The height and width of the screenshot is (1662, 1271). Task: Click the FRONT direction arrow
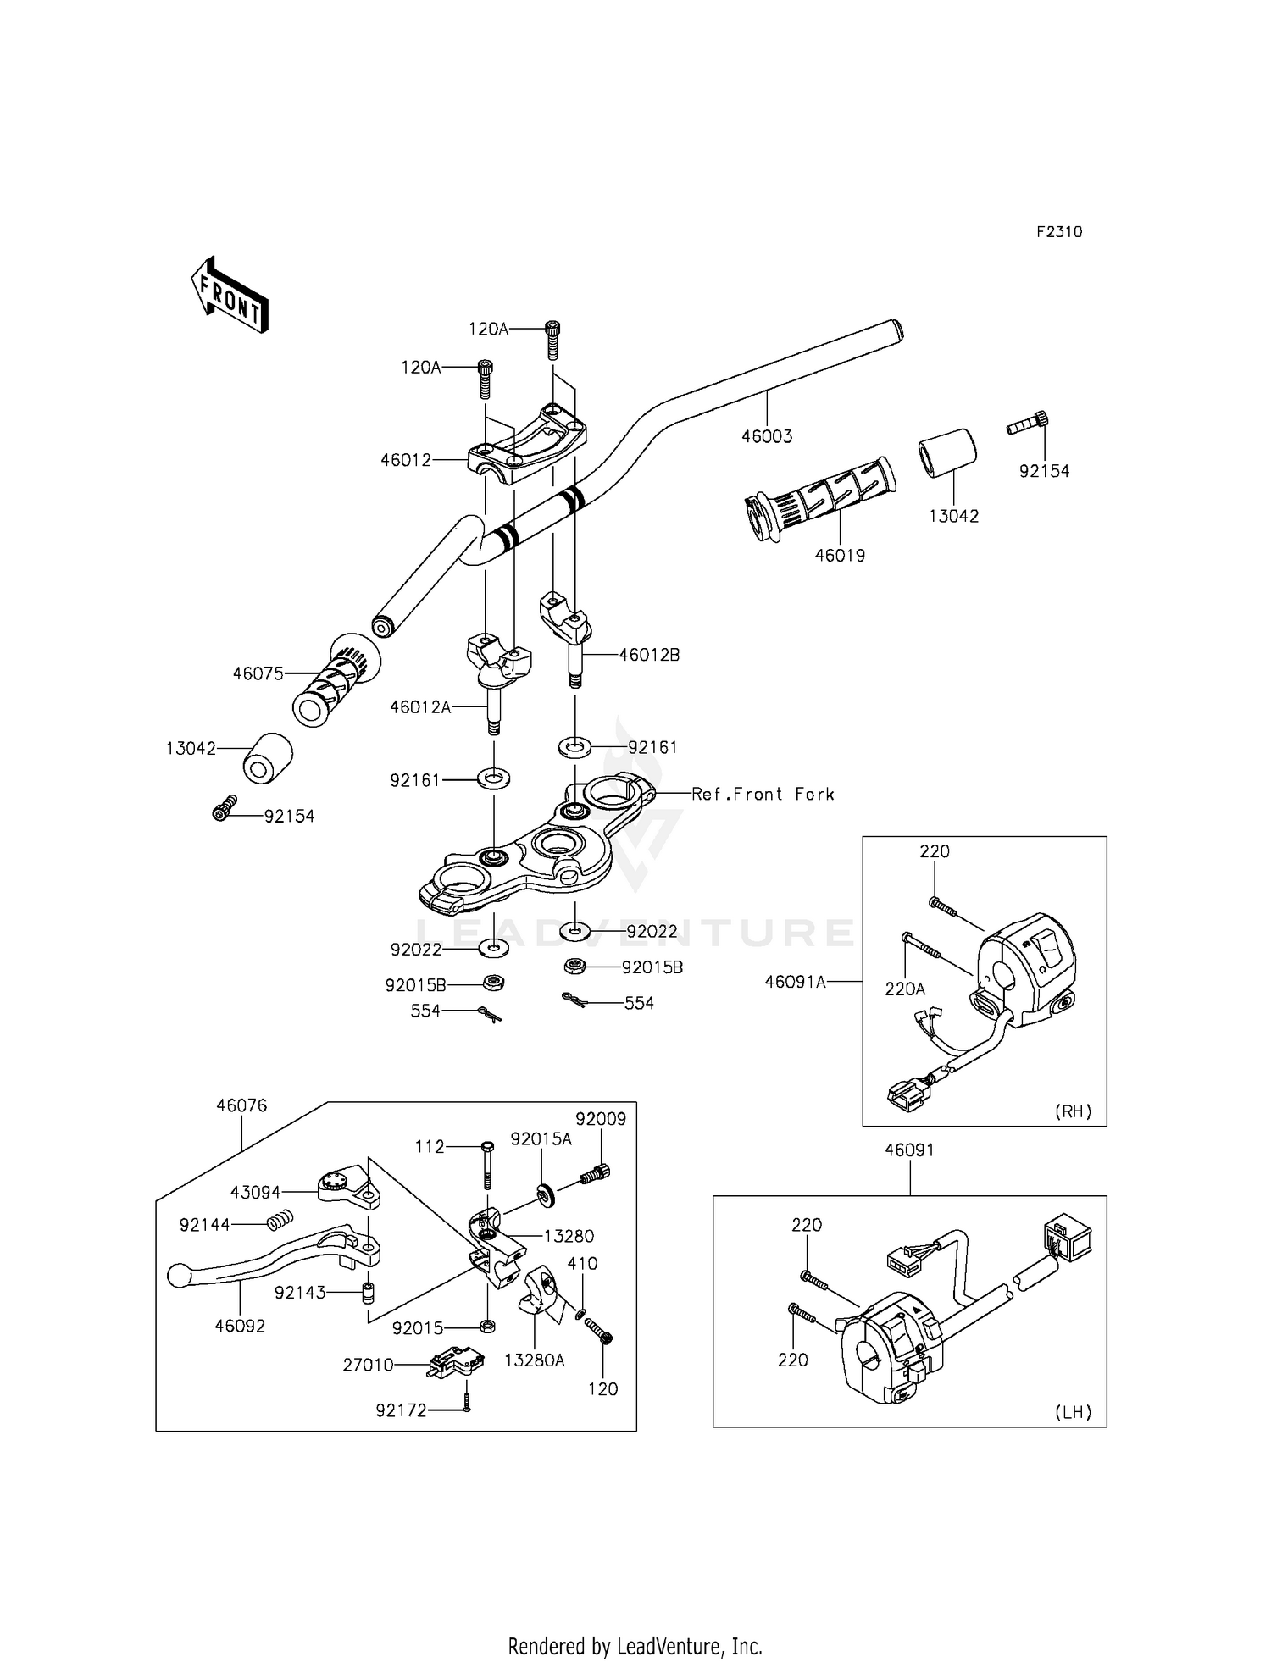(229, 294)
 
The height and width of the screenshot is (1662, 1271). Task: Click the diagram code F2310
(1059, 232)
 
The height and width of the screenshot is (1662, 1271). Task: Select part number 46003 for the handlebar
(767, 437)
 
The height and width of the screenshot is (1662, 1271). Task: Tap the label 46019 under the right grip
(840, 556)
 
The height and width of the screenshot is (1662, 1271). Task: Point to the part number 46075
(258, 673)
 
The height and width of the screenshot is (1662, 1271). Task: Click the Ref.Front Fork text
(763, 794)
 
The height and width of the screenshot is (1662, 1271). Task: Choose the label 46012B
(649, 655)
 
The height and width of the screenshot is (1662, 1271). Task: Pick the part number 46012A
(420, 706)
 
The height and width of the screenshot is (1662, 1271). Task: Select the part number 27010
(368, 1366)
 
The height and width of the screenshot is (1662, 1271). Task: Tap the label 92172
(402, 1410)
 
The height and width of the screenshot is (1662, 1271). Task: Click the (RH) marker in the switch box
(1073, 1111)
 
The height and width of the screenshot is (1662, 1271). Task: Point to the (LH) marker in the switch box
(1073, 1412)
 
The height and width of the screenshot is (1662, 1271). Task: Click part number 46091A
(795, 982)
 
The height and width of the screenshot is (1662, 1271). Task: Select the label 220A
(905, 989)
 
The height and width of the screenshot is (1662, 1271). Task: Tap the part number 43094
(256, 1192)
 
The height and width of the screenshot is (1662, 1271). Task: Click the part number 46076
(241, 1105)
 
